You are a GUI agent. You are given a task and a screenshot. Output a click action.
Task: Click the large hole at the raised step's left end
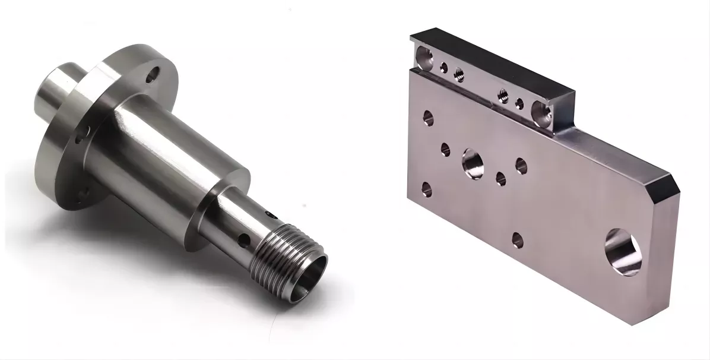tap(424, 58)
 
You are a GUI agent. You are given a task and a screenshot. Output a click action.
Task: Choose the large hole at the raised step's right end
tap(542, 113)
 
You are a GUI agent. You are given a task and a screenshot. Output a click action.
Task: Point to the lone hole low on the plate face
tap(517, 239)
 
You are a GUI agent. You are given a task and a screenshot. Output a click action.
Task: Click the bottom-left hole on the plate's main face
tap(426, 189)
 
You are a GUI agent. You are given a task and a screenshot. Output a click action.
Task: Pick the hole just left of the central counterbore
tap(445, 149)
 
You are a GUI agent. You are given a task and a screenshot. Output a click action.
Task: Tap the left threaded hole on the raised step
tap(458, 74)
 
